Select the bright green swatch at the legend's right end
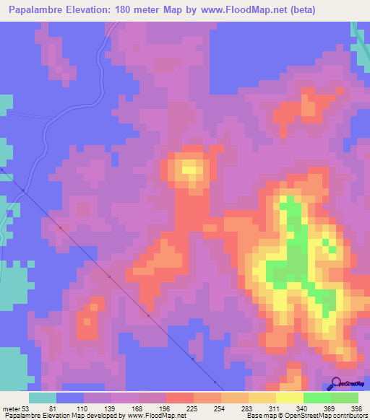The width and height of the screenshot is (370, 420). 345,398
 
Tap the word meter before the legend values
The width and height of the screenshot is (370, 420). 9,408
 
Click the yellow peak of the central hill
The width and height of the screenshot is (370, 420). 190,170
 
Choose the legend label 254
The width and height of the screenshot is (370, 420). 192,408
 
